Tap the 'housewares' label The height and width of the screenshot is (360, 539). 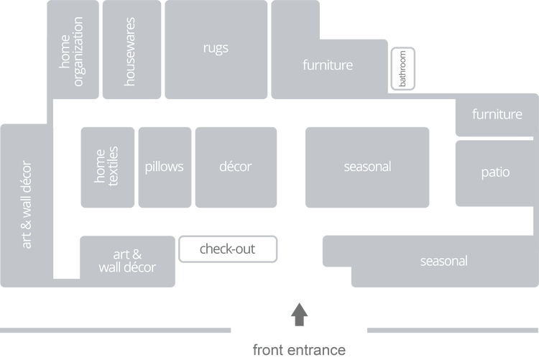pyautogui.click(x=130, y=52)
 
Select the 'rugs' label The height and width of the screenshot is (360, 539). pyautogui.click(x=216, y=48)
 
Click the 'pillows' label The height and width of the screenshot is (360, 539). pyautogui.click(x=164, y=167)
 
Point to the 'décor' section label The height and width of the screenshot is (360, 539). pyautogui.click(x=235, y=167)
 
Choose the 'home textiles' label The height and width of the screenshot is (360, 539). pyautogui.click(x=107, y=167)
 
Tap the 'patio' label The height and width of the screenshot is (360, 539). pyautogui.click(x=495, y=172)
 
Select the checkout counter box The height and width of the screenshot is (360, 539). pyautogui.click(x=227, y=249)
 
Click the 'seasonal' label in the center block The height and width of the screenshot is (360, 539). pyautogui.click(x=367, y=167)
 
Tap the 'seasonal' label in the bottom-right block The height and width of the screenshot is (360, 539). pyautogui.click(x=443, y=261)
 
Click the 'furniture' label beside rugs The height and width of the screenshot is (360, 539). pyautogui.click(x=328, y=65)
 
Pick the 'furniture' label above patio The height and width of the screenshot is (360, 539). pyautogui.click(x=497, y=114)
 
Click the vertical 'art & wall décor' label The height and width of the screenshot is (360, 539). pyautogui.click(x=27, y=204)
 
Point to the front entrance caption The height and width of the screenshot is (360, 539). pyautogui.click(x=299, y=350)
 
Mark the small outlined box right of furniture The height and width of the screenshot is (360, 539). pyautogui.click(x=405, y=68)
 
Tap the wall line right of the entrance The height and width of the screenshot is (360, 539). pyautogui.click(x=452, y=330)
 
